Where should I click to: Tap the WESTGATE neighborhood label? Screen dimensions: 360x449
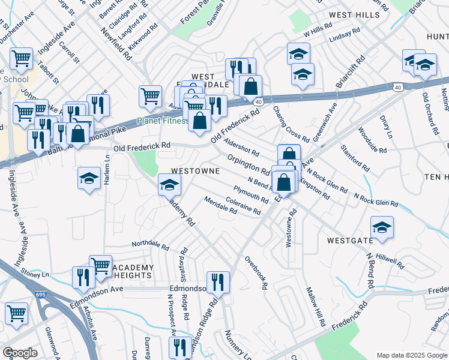pyautogui.click(x=350, y=240)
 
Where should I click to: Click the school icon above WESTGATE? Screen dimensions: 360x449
pyautogui.click(x=382, y=227)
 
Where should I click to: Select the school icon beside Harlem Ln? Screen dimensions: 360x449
pyautogui.click(x=89, y=178)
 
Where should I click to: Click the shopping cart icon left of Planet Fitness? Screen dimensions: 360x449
pyautogui.click(x=150, y=95)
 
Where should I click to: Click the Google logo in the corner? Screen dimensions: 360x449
pyautogui.click(x=20, y=352)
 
